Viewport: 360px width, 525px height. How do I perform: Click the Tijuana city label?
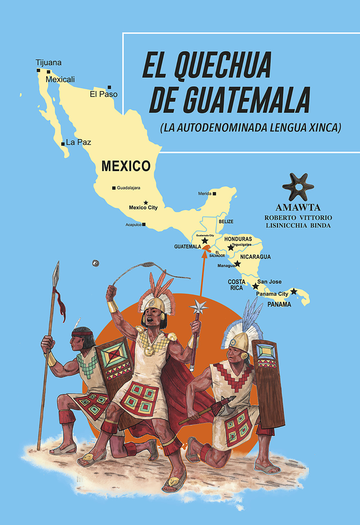[49, 63]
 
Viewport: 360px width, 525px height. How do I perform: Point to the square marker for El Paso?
[109, 87]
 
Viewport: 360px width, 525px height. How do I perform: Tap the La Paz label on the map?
[78, 142]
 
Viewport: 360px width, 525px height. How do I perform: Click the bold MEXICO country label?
[126, 166]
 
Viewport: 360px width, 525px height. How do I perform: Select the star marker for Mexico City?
[146, 203]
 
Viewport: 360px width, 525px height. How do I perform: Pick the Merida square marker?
[214, 194]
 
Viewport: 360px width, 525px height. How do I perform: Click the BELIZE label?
[226, 222]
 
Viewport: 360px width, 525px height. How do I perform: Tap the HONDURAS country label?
[238, 239]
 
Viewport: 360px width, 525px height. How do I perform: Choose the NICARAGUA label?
[255, 257]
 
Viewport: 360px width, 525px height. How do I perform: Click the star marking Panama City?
[294, 291]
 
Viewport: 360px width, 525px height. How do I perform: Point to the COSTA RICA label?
[237, 285]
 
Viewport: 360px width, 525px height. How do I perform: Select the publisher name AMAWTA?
[298, 208]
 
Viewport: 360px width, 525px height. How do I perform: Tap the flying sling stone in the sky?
[95, 263]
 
